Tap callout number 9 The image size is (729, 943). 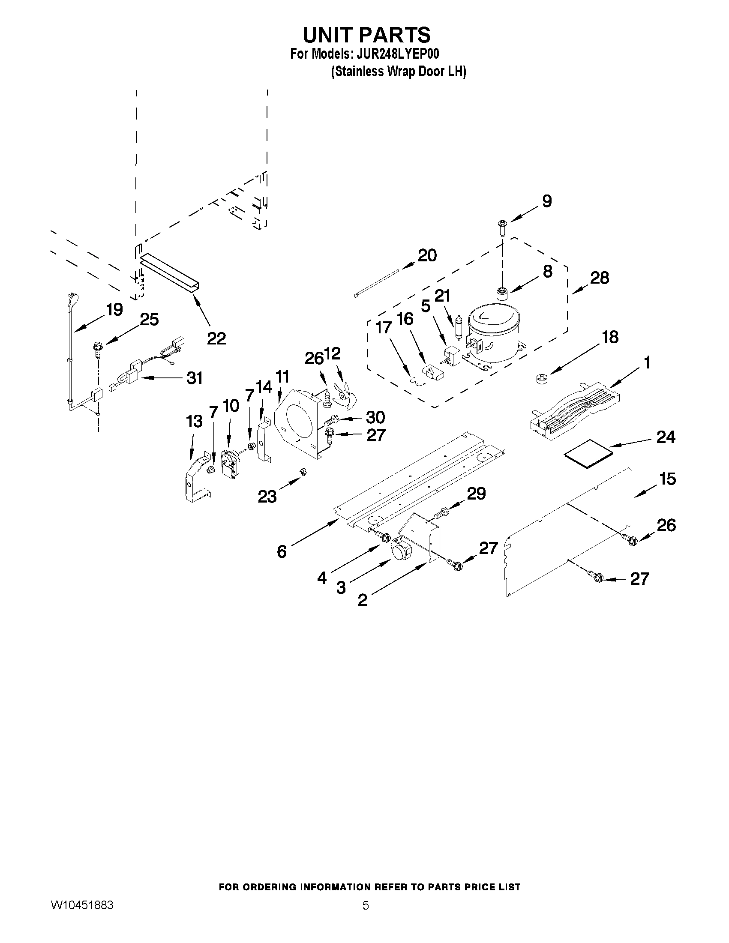pos(546,201)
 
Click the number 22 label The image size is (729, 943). pos(216,338)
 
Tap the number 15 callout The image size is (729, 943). pos(667,479)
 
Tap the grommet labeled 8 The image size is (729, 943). pos(502,294)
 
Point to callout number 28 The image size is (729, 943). pos(600,278)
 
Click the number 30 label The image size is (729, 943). pos(375,417)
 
